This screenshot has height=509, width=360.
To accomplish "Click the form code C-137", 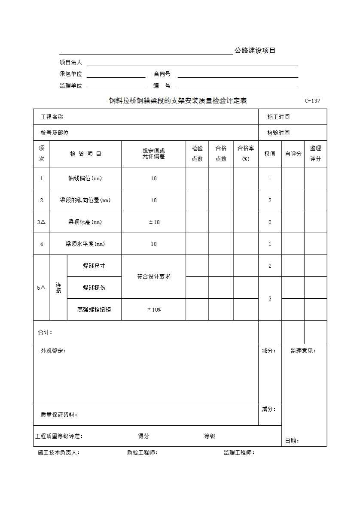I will pos(312,101).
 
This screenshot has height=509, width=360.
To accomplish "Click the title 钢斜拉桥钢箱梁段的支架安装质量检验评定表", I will pos(178,101).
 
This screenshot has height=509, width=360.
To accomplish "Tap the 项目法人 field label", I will pos(70,62).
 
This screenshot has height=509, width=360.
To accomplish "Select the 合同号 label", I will pos(162,74).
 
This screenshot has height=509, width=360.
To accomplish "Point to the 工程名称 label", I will pos(52,117).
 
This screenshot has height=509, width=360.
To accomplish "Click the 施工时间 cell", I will pos(278,117).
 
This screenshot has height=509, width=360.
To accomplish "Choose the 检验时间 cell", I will pos(278,133).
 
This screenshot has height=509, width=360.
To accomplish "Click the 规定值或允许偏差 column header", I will pos(154,154).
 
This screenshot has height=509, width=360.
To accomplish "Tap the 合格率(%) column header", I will pos(246,154).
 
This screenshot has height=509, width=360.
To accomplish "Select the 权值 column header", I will pos(270,154).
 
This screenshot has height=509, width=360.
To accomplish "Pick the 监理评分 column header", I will pos(316,154).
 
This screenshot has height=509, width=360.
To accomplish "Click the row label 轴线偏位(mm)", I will pos(85,178).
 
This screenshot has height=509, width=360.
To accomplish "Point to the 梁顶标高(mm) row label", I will pos(85,222).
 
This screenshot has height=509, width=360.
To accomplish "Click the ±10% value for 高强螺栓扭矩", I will pos(154,309).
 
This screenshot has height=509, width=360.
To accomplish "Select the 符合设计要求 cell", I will pos(154,277).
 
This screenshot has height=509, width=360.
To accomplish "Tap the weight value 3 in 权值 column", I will pos(270,298).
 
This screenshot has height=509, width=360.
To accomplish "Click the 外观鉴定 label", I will pos(53,351).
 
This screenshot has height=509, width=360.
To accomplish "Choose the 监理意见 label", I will pos(303,351).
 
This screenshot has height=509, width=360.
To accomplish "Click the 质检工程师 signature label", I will pos(142,452).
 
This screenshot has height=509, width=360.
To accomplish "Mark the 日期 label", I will pos(292,441).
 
